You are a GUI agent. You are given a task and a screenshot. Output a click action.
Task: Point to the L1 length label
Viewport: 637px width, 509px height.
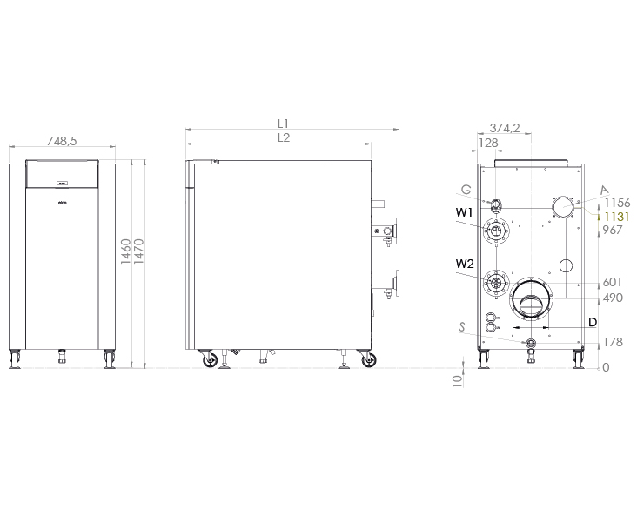(284, 124)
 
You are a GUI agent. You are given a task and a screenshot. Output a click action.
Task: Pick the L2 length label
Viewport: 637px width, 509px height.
(284, 137)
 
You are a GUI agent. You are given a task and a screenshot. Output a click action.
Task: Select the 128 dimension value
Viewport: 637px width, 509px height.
(488, 144)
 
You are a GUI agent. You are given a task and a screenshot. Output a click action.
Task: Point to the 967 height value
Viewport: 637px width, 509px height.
(614, 230)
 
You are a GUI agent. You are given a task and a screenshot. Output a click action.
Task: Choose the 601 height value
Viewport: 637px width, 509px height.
(614, 283)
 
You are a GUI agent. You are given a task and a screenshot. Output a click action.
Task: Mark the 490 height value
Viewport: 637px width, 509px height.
(614, 298)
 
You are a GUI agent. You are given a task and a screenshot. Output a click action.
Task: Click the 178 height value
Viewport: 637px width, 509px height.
(614, 343)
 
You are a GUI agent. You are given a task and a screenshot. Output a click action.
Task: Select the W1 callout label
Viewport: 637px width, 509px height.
(463, 211)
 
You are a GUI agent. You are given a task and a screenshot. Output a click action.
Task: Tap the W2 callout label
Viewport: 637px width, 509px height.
(463, 264)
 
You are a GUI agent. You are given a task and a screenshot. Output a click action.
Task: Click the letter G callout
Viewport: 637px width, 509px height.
(467, 189)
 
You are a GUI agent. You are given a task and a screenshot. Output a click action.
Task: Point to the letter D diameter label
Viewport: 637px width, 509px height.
(592, 322)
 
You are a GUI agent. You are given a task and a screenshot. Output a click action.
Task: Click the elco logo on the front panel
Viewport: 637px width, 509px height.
(62, 203)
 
